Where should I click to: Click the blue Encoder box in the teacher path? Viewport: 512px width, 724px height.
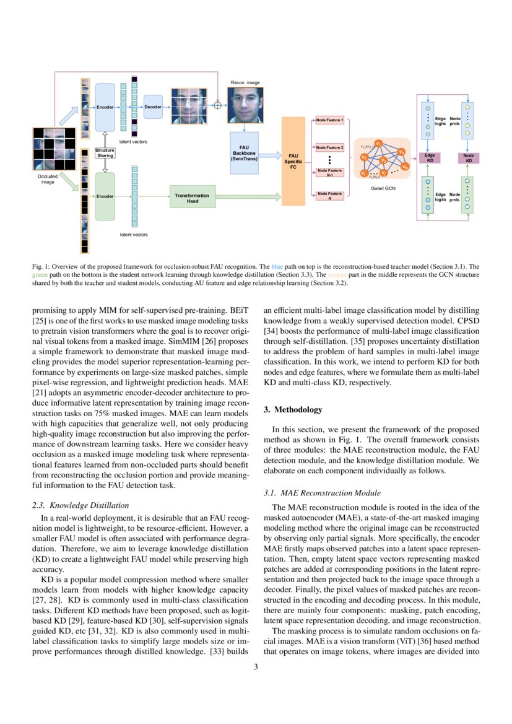(x=105, y=107)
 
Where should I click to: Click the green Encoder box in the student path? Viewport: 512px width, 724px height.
(x=105, y=196)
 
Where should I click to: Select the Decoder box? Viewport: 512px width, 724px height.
(x=153, y=107)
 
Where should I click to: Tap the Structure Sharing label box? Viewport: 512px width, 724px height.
(x=105, y=152)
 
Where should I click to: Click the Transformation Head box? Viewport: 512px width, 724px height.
(x=193, y=198)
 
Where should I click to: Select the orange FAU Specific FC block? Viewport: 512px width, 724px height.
(x=293, y=161)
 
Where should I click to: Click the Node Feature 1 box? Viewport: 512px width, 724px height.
(x=329, y=119)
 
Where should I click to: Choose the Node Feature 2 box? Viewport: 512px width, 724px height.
(x=329, y=148)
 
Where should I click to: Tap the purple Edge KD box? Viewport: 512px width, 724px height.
(x=429, y=157)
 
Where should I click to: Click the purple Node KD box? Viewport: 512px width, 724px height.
(x=468, y=157)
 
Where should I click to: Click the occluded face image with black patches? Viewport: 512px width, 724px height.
(x=54, y=149)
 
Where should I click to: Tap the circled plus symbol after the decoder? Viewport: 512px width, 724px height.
(x=217, y=105)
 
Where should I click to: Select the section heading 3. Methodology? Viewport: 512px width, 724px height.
(x=293, y=409)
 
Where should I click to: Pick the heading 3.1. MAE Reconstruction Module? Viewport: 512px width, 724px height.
(x=322, y=493)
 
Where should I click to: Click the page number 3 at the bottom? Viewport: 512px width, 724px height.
(x=256, y=666)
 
